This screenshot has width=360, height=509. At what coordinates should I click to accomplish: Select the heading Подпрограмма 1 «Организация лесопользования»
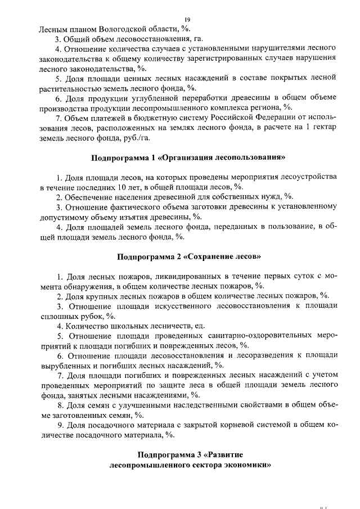[x=184, y=156]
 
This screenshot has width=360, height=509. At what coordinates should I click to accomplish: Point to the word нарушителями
[x=234, y=49]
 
